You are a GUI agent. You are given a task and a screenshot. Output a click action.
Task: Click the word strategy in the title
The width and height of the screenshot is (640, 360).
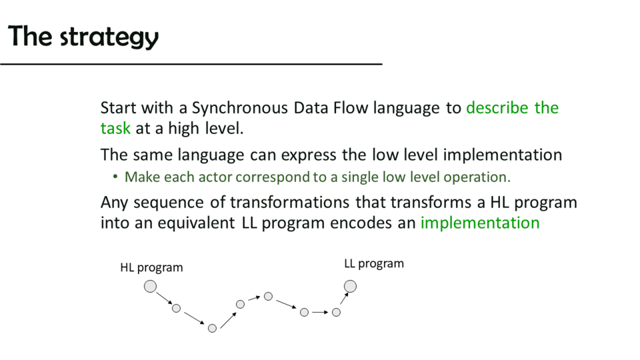109,37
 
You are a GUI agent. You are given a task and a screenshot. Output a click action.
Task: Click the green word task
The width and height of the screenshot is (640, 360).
115,128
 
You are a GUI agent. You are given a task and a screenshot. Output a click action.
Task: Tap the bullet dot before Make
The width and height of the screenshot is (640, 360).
115,177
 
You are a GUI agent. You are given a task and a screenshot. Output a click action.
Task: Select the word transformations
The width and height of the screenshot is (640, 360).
289,203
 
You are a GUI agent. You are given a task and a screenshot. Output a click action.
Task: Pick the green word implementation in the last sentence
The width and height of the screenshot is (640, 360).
480,223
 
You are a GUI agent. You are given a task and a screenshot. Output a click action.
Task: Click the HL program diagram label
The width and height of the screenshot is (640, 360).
151,268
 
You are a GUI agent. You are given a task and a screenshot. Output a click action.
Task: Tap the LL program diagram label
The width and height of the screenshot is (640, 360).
374,264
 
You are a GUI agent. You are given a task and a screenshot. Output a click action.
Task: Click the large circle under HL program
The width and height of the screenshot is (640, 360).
150,287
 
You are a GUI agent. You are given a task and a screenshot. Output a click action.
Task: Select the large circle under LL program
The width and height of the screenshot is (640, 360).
350,287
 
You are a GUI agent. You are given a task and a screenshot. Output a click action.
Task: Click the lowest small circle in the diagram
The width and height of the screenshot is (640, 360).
212,328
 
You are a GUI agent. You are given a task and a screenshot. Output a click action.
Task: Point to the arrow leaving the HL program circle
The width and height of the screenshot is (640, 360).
165,298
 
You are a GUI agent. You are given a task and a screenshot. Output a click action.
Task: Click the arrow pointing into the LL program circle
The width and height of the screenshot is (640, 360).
344,299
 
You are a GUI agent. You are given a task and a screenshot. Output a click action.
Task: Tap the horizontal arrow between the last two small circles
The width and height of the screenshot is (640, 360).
320,312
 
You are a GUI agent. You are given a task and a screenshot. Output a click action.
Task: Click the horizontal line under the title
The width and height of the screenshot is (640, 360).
191,64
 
